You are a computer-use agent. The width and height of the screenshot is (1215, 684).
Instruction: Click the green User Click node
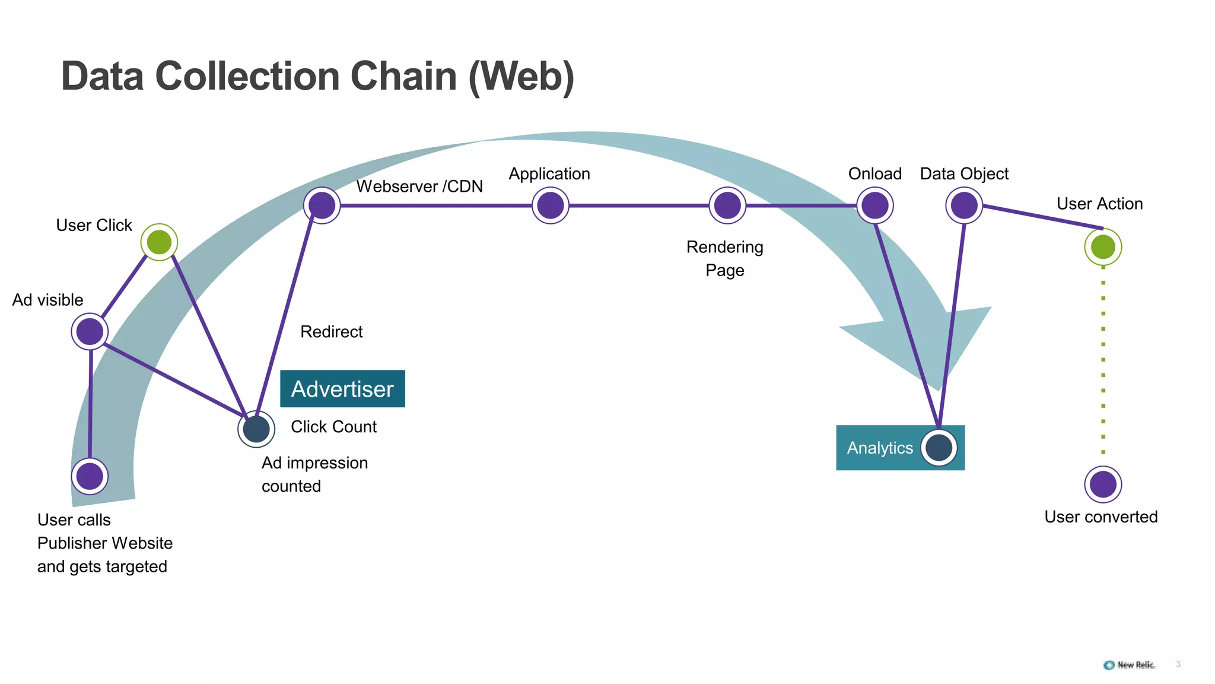[x=159, y=242]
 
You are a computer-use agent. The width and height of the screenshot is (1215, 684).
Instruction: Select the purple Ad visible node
[x=90, y=331]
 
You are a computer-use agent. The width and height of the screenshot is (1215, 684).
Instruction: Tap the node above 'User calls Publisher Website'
[x=90, y=476]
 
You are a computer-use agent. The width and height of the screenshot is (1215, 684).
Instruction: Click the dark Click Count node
[x=256, y=429]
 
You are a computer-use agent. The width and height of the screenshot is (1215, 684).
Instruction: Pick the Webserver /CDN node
[x=322, y=205]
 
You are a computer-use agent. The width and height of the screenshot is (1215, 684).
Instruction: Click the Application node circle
[x=551, y=205]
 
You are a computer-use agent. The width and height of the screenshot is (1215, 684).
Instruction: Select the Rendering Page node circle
[x=727, y=205]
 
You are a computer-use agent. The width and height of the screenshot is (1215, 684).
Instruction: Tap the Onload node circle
[x=875, y=205]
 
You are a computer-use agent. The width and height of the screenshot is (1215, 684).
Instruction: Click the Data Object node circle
[x=964, y=205]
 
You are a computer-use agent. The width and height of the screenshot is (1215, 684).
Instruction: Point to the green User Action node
[x=1103, y=247]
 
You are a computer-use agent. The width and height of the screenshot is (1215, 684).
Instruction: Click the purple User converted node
[x=1103, y=484]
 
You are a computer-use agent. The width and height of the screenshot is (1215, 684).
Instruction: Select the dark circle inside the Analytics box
[x=939, y=448]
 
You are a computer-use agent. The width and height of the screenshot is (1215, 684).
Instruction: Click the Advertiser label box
[x=342, y=389]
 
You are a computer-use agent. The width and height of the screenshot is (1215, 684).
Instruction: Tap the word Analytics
[x=880, y=448]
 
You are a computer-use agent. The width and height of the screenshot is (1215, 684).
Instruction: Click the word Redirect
[x=331, y=332]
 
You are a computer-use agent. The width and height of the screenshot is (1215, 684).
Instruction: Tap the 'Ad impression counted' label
[x=314, y=474]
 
